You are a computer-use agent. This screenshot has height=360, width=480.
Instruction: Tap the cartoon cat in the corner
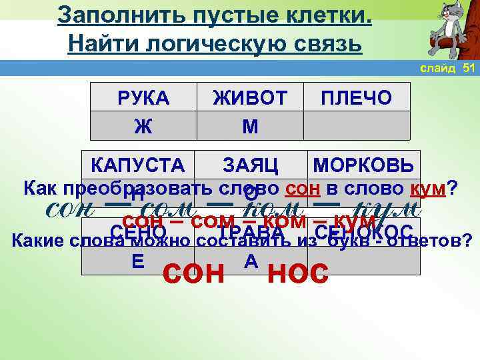(x=448, y=30)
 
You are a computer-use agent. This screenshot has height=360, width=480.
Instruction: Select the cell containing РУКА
(x=143, y=98)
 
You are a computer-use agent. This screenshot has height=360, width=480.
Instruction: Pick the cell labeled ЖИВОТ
(x=249, y=98)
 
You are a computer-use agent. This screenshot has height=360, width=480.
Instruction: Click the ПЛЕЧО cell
(x=356, y=98)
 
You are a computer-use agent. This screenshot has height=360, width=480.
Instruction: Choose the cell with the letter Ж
(x=143, y=125)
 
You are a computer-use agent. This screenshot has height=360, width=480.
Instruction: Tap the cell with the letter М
(x=249, y=125)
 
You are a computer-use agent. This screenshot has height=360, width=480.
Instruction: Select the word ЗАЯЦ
(x=250, y=164)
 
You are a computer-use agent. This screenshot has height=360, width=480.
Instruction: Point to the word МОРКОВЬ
(x=363, y=164)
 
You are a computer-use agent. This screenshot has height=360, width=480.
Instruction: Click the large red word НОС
(x=297, y=273)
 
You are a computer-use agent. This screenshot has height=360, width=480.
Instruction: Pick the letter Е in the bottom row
(x=138, y=261)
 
